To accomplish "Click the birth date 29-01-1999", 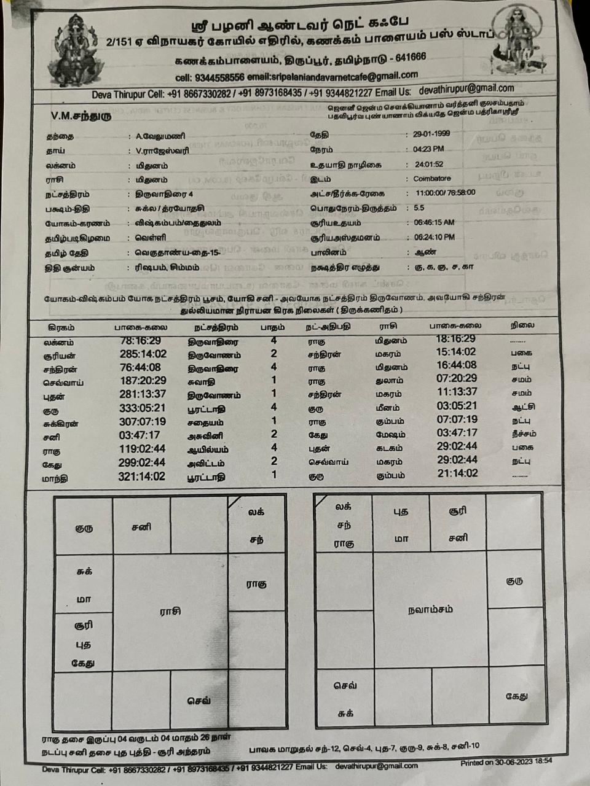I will click(x=432, y=134).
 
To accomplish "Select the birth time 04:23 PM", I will click(x=428, y=149).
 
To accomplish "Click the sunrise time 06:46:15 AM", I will click(x=436, y=223).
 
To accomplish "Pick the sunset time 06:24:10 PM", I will click(x=436, y=237).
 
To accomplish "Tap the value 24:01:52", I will click(x=429, y=164).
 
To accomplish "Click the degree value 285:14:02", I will click(x=143, y=354).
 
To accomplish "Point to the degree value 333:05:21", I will click(x=143, y=408).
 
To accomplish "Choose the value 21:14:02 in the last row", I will click(x=457, y=473).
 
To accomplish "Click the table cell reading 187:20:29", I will click(x=143, y=381).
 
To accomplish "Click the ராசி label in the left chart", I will click(x=170, y=612).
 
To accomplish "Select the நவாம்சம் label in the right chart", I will click(x=430, y=610).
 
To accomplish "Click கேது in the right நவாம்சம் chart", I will click(x=516, y=696).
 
